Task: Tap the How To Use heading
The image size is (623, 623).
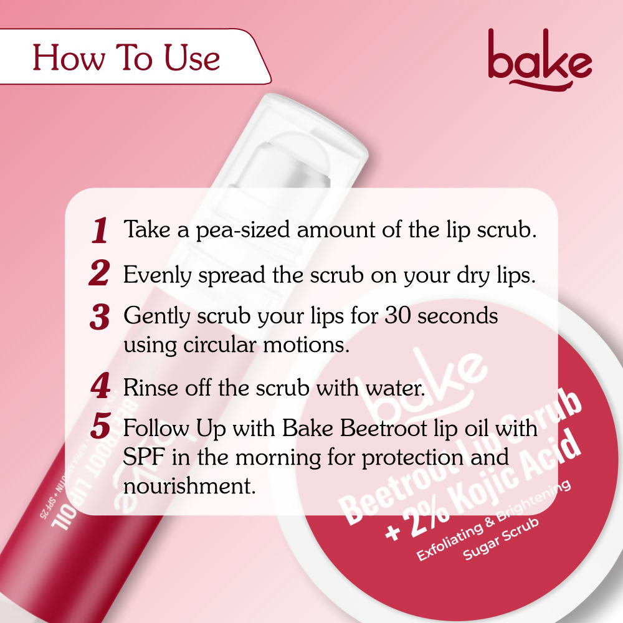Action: (126, 58)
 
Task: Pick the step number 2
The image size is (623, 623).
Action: (100, 275)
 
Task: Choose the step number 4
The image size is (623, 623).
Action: (100, 387)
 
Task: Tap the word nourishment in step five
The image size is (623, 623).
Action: (189, 485)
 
